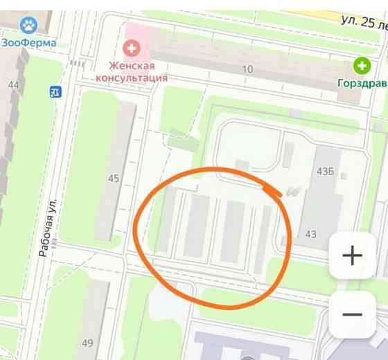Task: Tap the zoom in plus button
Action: tap(352, 255)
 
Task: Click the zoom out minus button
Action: tap(352, 314)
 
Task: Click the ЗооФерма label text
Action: tap(28, 43)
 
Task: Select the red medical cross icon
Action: tap(130, 48)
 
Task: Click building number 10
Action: tap(247, 69)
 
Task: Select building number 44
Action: tap(12, 85)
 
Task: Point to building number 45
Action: tap(114, 179)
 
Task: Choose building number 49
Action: tap(87, 343)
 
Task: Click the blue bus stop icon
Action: tap(55, 91)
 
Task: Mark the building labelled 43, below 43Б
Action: tap(311, 234)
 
